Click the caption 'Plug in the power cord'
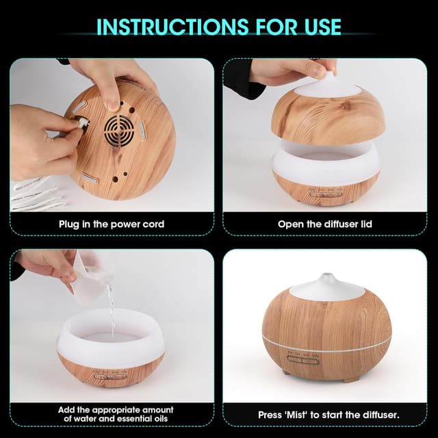point(111,224)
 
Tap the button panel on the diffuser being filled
point(110,375)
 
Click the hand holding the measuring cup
point(48,263)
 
